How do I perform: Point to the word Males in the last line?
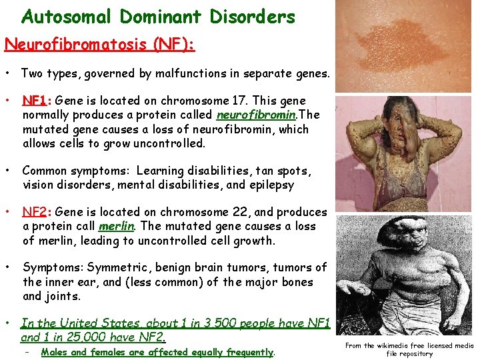coord(54,353)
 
